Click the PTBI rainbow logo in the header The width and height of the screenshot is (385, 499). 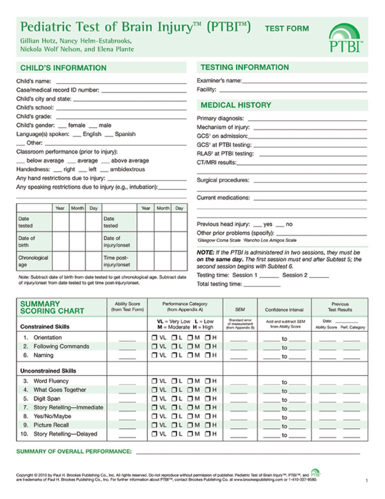pos(345,38)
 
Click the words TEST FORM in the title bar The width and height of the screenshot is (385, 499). pos(287,28)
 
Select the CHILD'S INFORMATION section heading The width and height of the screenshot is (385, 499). pos(63,68)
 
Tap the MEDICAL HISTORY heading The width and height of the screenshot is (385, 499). pos(236,105)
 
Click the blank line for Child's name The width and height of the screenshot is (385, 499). pos(121,82)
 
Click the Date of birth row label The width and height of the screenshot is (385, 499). pos(27,242)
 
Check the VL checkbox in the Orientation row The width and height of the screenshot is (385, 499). pos(154,337)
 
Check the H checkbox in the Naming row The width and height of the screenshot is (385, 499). pos(208,355)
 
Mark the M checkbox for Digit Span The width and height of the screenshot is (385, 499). pos(190,398)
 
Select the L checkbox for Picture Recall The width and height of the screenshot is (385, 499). pos(174,425)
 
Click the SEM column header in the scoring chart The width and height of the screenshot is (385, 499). pos(240,309)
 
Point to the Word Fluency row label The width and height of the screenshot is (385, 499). pos(51,381)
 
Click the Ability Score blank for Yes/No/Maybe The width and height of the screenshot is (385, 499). pos(127,418)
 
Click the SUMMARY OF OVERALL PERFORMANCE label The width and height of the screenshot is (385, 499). pos(74,451)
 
